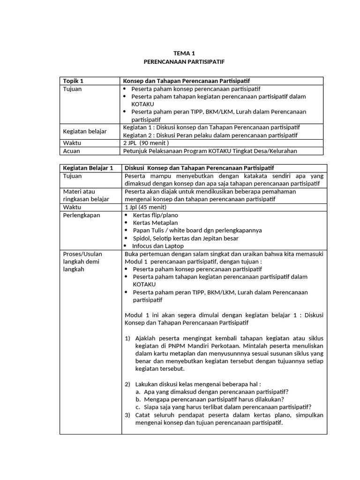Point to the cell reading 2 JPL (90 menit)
click(146, 143)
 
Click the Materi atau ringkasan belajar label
click(86, 195)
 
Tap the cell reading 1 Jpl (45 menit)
click(146, 207)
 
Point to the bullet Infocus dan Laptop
click(157, 246)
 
